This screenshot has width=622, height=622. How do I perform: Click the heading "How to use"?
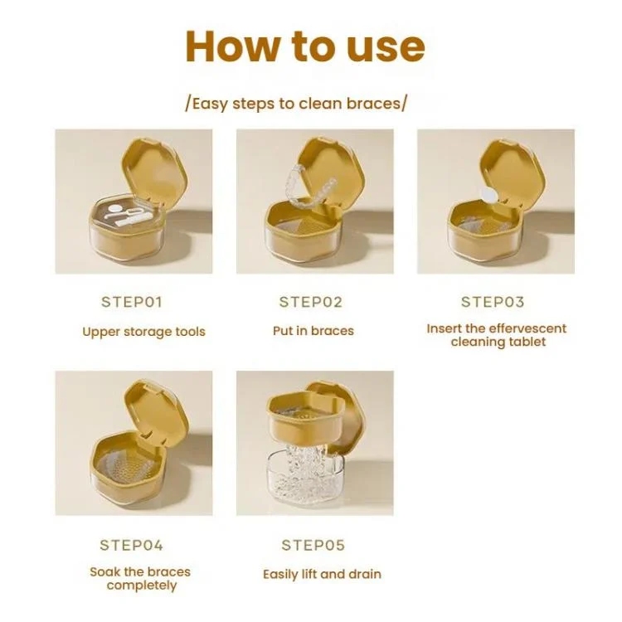(305, 46)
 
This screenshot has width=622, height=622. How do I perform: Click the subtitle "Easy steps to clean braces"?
(296, 104)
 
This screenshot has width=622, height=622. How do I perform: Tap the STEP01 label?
(132, 302)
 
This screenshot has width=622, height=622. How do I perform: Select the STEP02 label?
(311, 302)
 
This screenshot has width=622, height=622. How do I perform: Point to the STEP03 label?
(493, 302)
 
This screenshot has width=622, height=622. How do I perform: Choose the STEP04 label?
(131, 546)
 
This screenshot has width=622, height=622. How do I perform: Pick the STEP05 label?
(313, 546)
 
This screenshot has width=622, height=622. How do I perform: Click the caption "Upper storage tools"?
(143, 332)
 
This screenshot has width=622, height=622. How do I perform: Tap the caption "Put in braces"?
(313, 331)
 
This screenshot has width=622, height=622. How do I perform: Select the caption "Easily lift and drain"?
(322, 575)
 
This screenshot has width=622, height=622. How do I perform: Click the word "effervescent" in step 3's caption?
(528, 328)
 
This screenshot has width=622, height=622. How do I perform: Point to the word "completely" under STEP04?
(142, 586)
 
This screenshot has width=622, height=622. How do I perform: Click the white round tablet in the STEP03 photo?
(488, 195)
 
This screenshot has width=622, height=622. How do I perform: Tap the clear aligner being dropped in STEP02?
(311, 185)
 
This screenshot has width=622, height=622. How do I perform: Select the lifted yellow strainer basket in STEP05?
(306, 420)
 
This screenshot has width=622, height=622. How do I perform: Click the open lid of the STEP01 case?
(154, 170)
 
